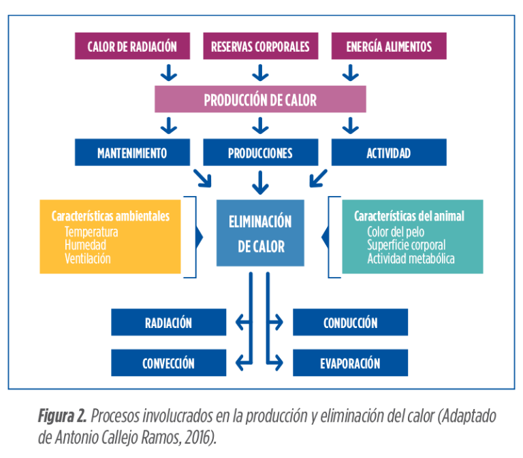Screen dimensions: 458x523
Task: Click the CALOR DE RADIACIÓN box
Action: click(x=132, y=47)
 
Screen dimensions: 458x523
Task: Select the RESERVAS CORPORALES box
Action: click(x=260, y=47)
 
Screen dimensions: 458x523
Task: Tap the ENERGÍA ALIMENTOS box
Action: click(x=389, y=47)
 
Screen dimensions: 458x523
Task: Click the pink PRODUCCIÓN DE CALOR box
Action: click(x=260, y=100)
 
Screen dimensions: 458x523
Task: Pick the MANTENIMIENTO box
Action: click(x=132, y=152)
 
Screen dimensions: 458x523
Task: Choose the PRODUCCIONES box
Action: click(x=260, y=152)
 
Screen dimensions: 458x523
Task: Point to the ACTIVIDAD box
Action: click(x=389, y=152)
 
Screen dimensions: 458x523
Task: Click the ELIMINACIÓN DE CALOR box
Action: click(x=260, y=233)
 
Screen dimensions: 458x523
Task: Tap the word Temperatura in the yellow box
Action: click(x=91, y=232)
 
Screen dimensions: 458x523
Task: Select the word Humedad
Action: click(x=86, y=245)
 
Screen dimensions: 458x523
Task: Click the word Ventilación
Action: click(x=87, y=259)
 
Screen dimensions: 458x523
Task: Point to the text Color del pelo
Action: click(x=395, y=232)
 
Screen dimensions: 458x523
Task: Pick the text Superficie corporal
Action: click(x=406, y=245)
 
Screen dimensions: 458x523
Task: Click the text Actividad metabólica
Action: click(x=411, y=259)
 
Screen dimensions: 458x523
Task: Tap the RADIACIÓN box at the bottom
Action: click(x=169, y=323)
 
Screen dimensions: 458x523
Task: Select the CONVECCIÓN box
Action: click(x=169, y=363)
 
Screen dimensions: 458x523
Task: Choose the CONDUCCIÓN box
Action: click(x=350, y=323)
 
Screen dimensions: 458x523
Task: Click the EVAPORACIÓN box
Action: click(x=350, y=363)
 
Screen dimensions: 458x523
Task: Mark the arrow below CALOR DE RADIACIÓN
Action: click(x=168, y=72)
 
